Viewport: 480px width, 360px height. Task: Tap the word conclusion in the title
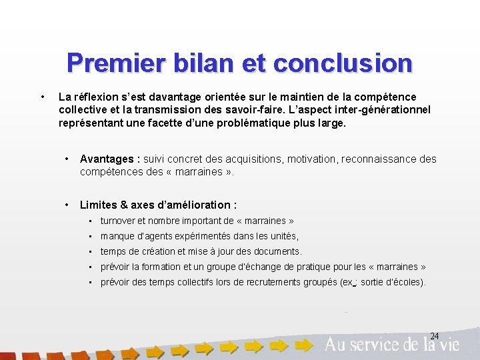(x=343, y=63)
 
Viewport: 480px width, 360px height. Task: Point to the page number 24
(x=434, y=335)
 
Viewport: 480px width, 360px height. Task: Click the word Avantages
(x=106, y=159)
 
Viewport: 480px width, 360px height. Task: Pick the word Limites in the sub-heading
(x=97, y=205)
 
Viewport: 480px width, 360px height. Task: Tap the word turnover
(x=118, y=221)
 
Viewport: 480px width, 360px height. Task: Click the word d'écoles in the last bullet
(x=404, y=282)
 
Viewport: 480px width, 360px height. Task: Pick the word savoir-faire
(x=255, y=110)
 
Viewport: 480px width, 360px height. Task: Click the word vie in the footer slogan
(x=449, y=344)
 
